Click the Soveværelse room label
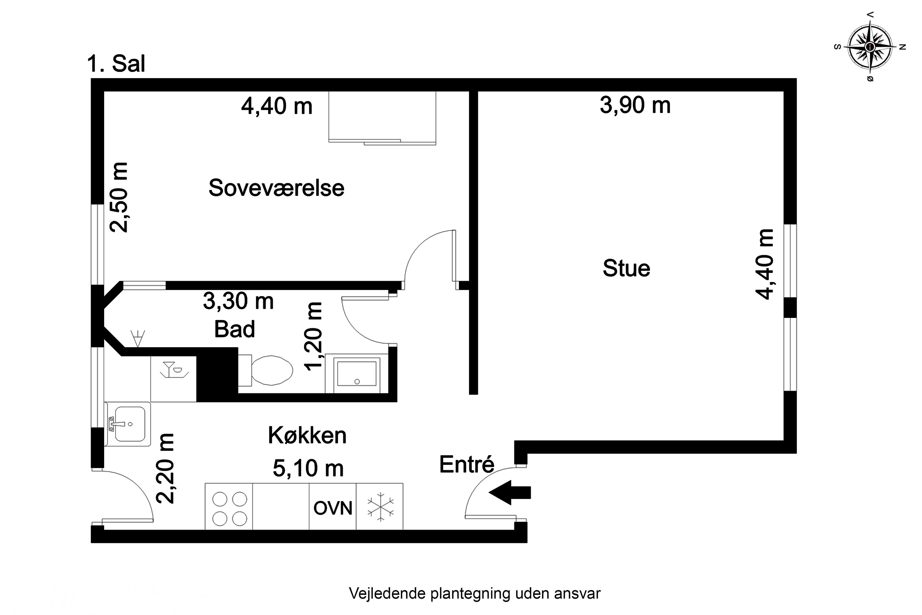click(276, 188)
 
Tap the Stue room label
click(626, 269)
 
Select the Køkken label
click(307, 435)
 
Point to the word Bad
click(234, 329)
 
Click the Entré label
click(467, 465)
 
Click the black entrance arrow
click(509, 492)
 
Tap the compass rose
click(869, 47)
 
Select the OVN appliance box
click(333, 508)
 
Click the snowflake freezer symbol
click(380, 507)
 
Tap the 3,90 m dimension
click(635, 105)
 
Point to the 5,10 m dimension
click(308, 468)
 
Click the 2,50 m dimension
click(119, 197)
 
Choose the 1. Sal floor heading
click(116, 64)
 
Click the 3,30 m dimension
click(238, 302)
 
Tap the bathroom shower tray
click(356, 374)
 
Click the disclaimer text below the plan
click(474, 593)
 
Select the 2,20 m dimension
click(165, 468)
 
